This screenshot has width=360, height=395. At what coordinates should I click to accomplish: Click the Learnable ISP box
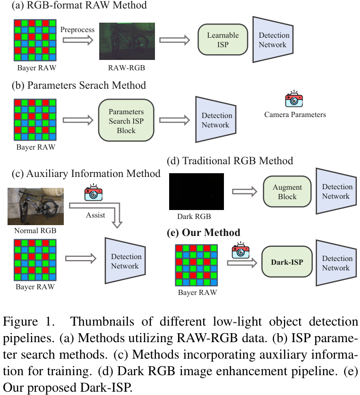click(223, 40)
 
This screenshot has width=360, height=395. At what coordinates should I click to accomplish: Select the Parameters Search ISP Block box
click(126, 120)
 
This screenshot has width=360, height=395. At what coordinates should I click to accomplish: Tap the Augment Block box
click(287, 192)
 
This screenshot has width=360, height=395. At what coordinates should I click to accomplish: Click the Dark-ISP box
click(287, 262)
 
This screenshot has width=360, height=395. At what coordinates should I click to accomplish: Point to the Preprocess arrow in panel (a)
click(77, 41)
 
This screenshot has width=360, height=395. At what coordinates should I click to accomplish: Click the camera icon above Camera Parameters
click(294, 100)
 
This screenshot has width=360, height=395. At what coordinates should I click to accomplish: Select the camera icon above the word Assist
click(93, 193)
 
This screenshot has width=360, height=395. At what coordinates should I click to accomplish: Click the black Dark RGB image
click(197, 192)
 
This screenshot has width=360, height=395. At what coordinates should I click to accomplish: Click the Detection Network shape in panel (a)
click(273, 40)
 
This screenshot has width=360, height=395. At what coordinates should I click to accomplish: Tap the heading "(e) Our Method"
click(204, 233)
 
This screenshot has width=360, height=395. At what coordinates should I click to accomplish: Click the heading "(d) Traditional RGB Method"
click(230, 161)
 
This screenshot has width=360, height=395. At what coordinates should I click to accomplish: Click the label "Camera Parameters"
click(295, 115)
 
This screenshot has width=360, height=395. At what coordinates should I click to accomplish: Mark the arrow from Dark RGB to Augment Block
click(244, 192)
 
